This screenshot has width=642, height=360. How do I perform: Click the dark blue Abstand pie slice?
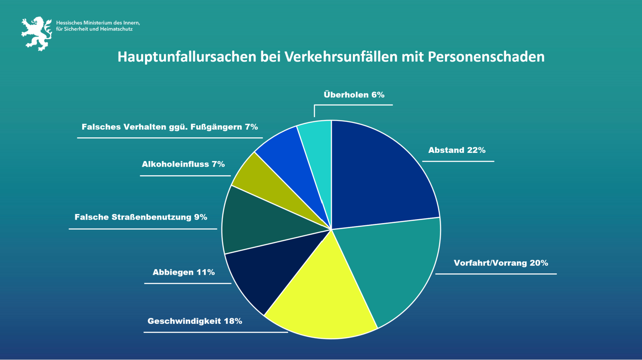[379, 177]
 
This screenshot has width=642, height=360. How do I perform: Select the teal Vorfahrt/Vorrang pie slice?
[387, 267]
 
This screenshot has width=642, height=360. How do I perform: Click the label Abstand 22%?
[457, 150]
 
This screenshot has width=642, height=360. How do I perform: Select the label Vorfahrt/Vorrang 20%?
[500, 263]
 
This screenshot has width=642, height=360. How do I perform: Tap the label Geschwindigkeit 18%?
[194, 321]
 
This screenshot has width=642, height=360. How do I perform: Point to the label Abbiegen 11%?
[184, 272]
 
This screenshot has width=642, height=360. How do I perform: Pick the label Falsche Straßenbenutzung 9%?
[141, 217]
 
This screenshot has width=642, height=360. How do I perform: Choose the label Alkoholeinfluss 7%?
[183, 164]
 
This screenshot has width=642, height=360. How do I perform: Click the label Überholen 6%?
[354, 95]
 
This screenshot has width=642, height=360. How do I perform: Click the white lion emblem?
[37, 34]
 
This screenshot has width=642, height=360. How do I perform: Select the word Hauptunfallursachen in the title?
[187, 57]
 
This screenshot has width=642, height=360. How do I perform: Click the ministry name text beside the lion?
[98, 26]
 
